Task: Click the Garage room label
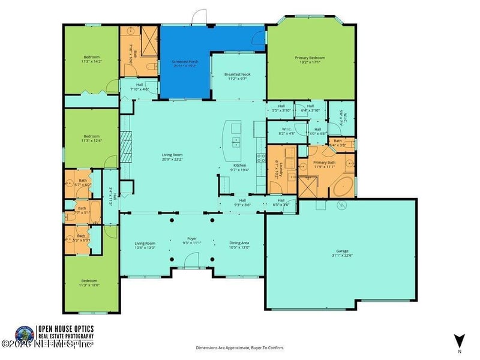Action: (340, 252)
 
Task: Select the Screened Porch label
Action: (185, 62)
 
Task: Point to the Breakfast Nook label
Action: (237, 74)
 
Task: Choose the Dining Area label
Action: (239, 243)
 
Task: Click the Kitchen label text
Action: (239, 165)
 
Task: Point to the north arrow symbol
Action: (459, 340)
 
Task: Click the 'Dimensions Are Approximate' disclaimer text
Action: (240, 347)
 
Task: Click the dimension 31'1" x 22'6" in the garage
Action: (340, 257)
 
